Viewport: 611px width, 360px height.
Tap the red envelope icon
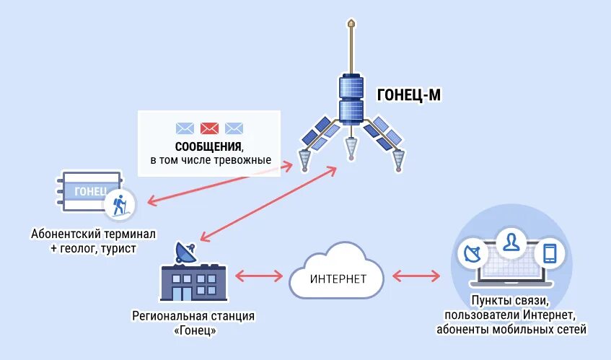pos(209,128)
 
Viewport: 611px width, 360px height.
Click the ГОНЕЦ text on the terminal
pos(91,191)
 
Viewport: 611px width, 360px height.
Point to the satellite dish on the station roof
pos(185,252)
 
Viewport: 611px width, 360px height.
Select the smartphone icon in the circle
pos(550,253)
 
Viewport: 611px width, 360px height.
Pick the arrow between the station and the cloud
pos(258,276)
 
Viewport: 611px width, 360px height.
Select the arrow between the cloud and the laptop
pos(416,276)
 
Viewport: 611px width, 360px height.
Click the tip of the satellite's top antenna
pos(351,24)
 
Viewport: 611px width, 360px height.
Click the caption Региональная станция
pos(194,316)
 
